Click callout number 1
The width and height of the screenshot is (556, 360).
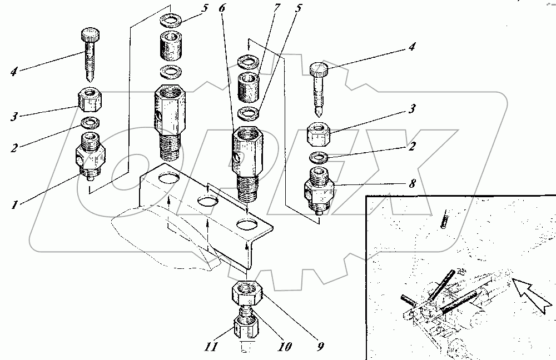(x=14, y=204)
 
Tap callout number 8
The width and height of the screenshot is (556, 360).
(x=411, y=183)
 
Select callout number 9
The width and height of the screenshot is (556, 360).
(x=320, y=346)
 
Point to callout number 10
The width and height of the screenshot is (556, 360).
(x=284, y=346)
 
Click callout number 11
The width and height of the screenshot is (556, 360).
(x=211, y=346)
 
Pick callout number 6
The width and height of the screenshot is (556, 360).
(x=222, y=8)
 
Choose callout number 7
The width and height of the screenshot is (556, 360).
(x=277, y=8)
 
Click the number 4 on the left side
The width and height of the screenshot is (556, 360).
(x=14, y=72)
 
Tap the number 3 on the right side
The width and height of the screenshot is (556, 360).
(x=411, y=108)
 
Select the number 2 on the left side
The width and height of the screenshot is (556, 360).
(x=14, y=147)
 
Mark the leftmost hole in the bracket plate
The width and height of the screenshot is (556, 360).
(x=169, y=178)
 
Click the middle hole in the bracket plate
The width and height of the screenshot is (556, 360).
(x=208, y=202)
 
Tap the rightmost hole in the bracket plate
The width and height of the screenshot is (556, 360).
(x=248, y=224)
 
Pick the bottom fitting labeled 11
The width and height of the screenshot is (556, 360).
(x=246, y=327)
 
